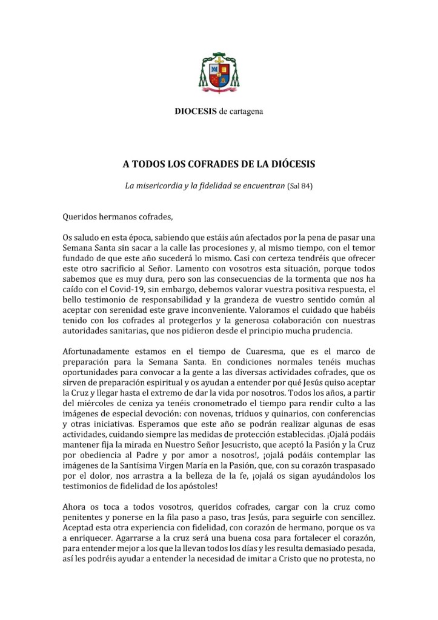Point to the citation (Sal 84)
click(x=299, y=184)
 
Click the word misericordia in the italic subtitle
click(x=161, y=184)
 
